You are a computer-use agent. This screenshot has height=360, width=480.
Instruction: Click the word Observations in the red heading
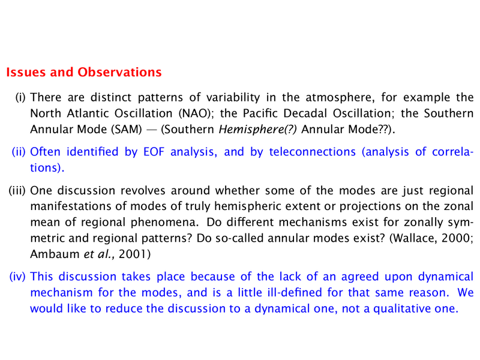click(119, 72)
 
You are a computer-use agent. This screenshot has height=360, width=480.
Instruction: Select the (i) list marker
click(20, 98)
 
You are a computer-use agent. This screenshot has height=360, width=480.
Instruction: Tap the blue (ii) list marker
click(19, 152)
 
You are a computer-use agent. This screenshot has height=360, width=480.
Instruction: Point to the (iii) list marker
click(17, 191)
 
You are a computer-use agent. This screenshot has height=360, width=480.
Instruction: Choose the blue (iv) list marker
click(17, 277)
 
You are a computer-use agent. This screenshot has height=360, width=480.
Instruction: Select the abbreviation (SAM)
click(126, 130)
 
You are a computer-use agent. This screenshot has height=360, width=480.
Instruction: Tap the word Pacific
click(260, 113)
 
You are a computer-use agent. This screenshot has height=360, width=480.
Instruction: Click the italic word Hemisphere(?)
click(258, 130)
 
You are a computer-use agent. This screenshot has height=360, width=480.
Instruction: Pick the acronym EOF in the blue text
click(154, 152)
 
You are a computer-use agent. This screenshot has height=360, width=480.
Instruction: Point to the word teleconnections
click(313, 152)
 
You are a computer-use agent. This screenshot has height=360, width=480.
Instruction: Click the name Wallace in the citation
click(412, 238)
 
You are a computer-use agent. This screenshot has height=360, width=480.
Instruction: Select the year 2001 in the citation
click(134, 254)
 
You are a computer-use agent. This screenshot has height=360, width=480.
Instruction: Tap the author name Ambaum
click(55, 254)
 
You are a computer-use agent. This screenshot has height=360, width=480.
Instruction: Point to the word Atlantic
click(88, 113)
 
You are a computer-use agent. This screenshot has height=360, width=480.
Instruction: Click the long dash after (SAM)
click(152, 130)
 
